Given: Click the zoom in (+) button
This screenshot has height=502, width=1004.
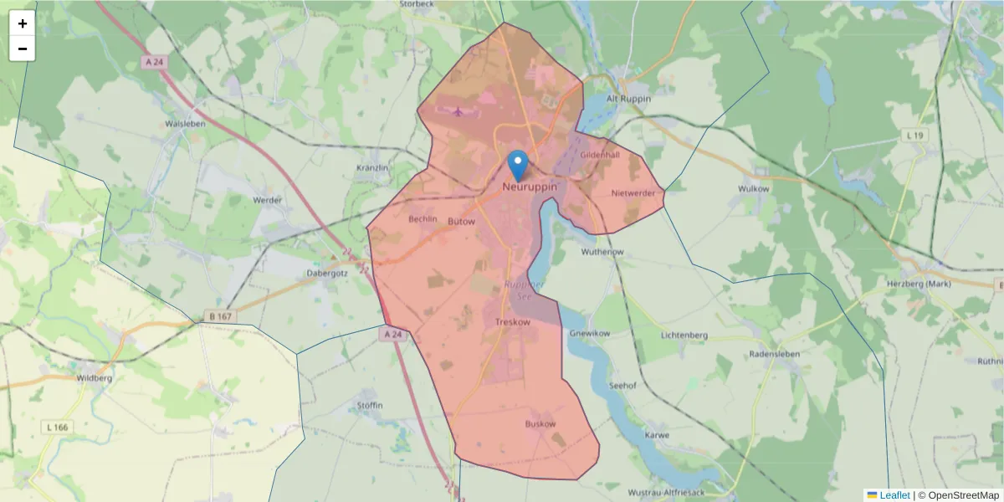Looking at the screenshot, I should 23,23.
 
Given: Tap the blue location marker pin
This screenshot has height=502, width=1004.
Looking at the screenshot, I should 519,165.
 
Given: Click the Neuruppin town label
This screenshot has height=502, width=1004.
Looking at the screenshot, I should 530,187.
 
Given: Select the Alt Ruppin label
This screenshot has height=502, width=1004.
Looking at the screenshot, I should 628,98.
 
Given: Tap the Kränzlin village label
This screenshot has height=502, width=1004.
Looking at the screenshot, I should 372,167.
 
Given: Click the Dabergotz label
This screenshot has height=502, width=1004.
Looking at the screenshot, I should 327,273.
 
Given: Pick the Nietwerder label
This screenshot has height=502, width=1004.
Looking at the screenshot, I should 633,193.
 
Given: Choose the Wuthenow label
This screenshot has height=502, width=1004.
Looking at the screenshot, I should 602,251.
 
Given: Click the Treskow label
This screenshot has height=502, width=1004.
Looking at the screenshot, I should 513,322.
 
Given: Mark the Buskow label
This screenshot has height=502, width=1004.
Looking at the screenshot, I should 540,424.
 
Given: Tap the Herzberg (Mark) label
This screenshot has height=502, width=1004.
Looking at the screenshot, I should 918,284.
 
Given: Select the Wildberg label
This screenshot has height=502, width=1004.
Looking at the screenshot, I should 94,377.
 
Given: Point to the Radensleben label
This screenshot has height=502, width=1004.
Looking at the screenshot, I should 775,354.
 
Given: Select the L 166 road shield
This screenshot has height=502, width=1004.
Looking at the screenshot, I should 58,428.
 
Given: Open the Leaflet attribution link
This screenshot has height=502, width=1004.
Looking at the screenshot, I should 894,495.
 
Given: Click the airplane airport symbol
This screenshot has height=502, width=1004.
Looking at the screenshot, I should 458,110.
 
